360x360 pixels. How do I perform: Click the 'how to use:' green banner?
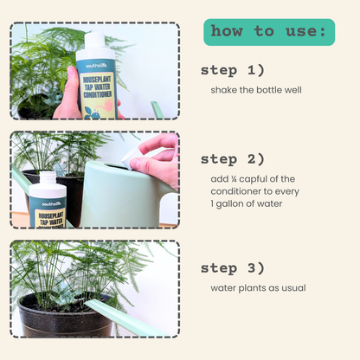click(x=268, y=32)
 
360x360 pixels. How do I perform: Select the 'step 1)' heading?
click(x=233, y=69)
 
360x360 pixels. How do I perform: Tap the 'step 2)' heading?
click(x=233, y=159)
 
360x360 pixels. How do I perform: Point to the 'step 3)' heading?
click(x=233, y=267)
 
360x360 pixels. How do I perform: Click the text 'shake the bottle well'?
click(x=256, y=89)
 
